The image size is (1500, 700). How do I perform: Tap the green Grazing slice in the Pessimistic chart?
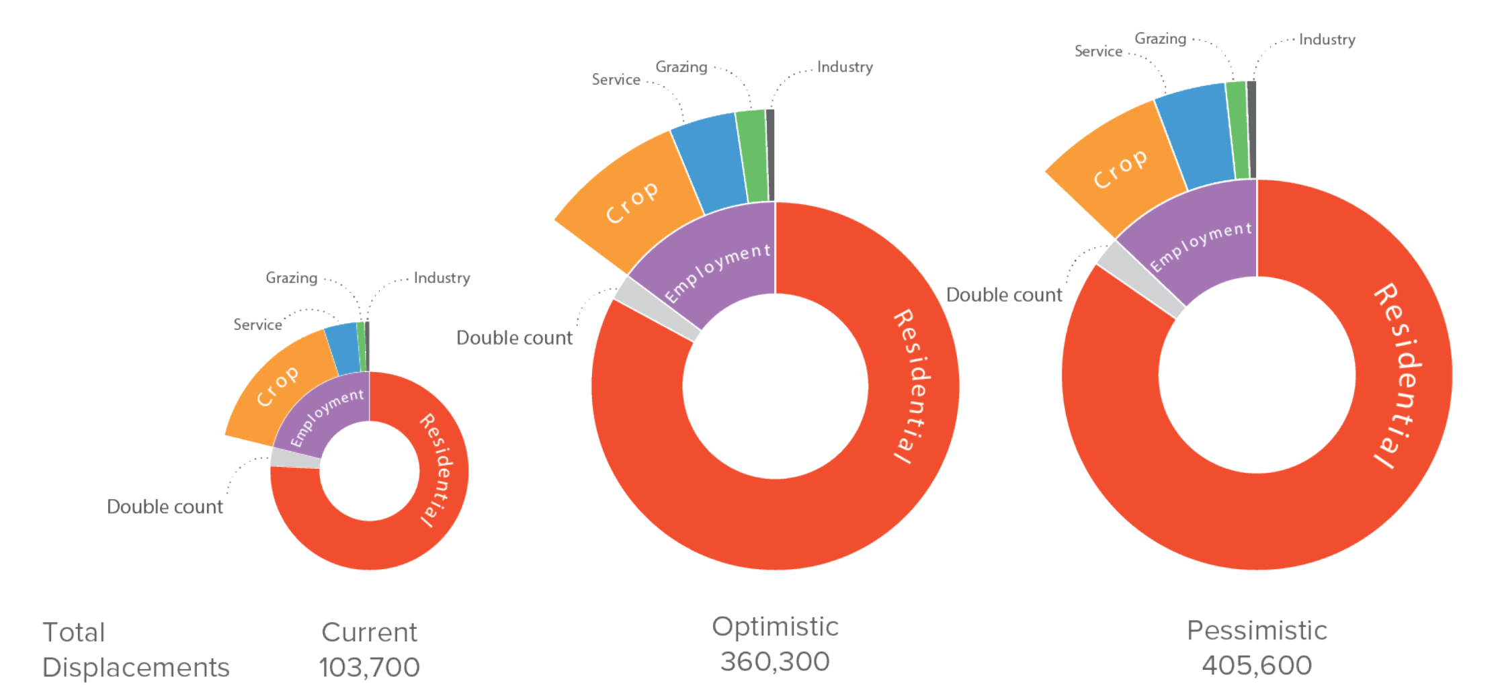click(x=1237, y=131)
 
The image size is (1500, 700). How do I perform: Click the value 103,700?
click(x=369, y=667)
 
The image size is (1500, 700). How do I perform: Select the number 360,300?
click(x=775, y=662)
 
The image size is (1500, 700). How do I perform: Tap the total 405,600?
click(x=1256, y=666)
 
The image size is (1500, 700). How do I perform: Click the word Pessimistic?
click(x=1256, y=631)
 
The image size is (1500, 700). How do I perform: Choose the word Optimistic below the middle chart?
click(x=775, y=627)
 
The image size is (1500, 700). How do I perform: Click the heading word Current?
click(x=369, y=632)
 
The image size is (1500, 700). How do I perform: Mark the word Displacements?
click(x=136, y=668)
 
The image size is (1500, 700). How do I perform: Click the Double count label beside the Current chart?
click(x=165, y=507)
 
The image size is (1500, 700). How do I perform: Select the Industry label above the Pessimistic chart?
click(x=1327, y=40)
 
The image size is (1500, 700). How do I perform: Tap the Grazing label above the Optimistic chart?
click(x=681, y=67)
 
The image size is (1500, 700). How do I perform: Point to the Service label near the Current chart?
click(x=257, y=325)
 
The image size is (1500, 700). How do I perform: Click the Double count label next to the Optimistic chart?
click(x=514, y=338)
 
